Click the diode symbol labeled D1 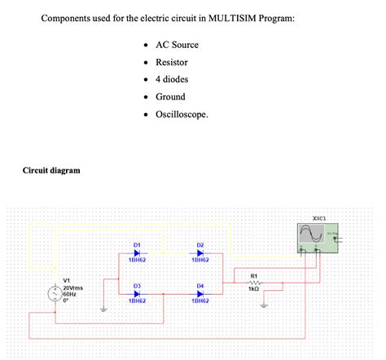[137, 252]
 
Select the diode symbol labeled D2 [200, 252]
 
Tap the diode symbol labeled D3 [137, 293]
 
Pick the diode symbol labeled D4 [200, 293]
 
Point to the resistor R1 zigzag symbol [254, 283]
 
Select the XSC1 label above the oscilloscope [319, 218]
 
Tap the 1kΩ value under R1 [254, 289]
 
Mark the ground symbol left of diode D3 [103, 310]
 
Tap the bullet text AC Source [176, 44]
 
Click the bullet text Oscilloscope [182, 114]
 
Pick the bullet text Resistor [172, 62]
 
